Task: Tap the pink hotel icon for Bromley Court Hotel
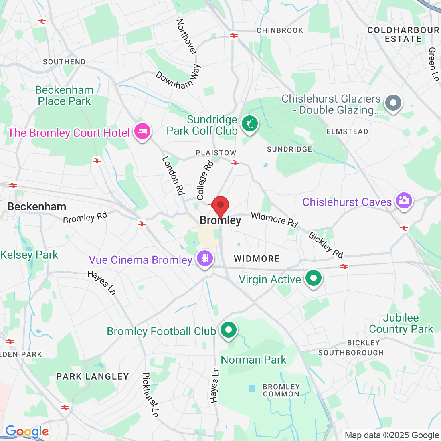coord(142,131)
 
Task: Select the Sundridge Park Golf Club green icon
coord(250,123)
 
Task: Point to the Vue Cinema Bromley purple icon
coord(205,259)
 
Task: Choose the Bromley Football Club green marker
coord(229,330)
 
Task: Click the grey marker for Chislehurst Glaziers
coord(393,103)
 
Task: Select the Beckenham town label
coord(37,207)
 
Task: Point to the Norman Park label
coord(253,360)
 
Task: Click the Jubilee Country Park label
coord(401,324)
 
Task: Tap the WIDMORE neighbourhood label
coord(257,259)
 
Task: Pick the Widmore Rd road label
coord(274,219)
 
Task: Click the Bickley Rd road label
coord(326,245)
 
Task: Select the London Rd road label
coord(173,176)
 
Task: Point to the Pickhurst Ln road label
coord(150,395)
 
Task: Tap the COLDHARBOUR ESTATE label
coord(403,35)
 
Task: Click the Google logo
coord(27,431)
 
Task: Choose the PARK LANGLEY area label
coord(93,376)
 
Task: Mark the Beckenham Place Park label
coord(65,95)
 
